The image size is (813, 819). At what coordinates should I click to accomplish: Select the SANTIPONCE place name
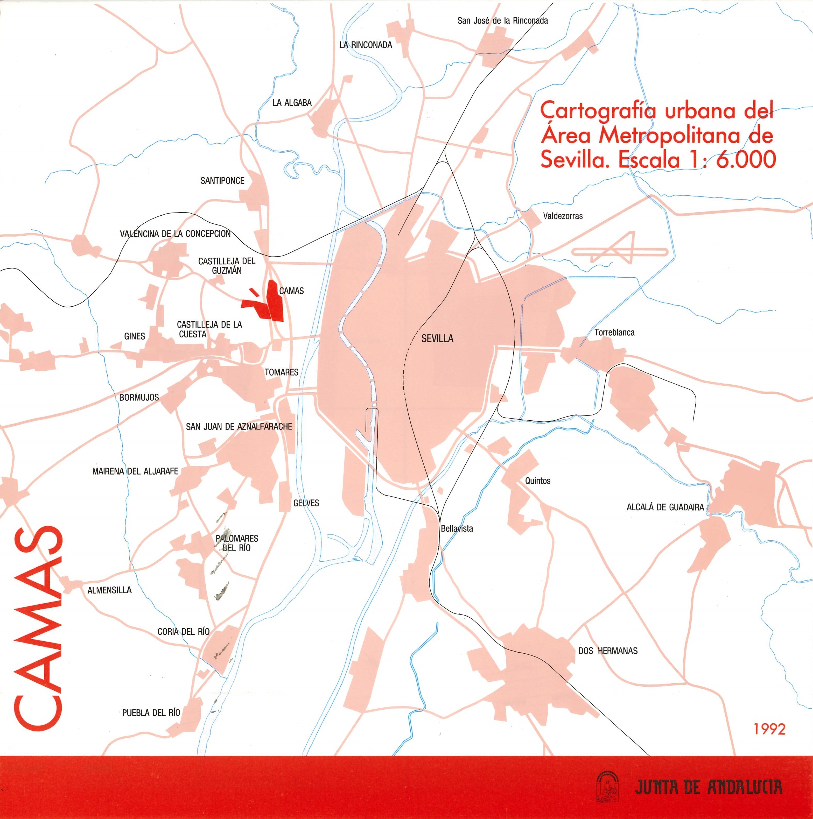[x=222, y=181]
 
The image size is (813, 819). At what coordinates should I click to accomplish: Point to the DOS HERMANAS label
[x=608, y=651]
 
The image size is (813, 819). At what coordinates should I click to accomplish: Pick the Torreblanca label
[x=614, y=333]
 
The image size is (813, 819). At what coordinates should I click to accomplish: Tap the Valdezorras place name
[x=563, y=216]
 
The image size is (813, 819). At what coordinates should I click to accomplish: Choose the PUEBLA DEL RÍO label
[x=151, y=713]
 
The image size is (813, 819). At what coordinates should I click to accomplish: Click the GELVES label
[x=306, y=503]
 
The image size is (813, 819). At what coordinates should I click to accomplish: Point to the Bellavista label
[x=457, y=529]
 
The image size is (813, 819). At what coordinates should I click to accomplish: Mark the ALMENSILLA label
[x=109, y=590]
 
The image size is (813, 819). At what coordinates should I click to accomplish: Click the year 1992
[x=769, y=729]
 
